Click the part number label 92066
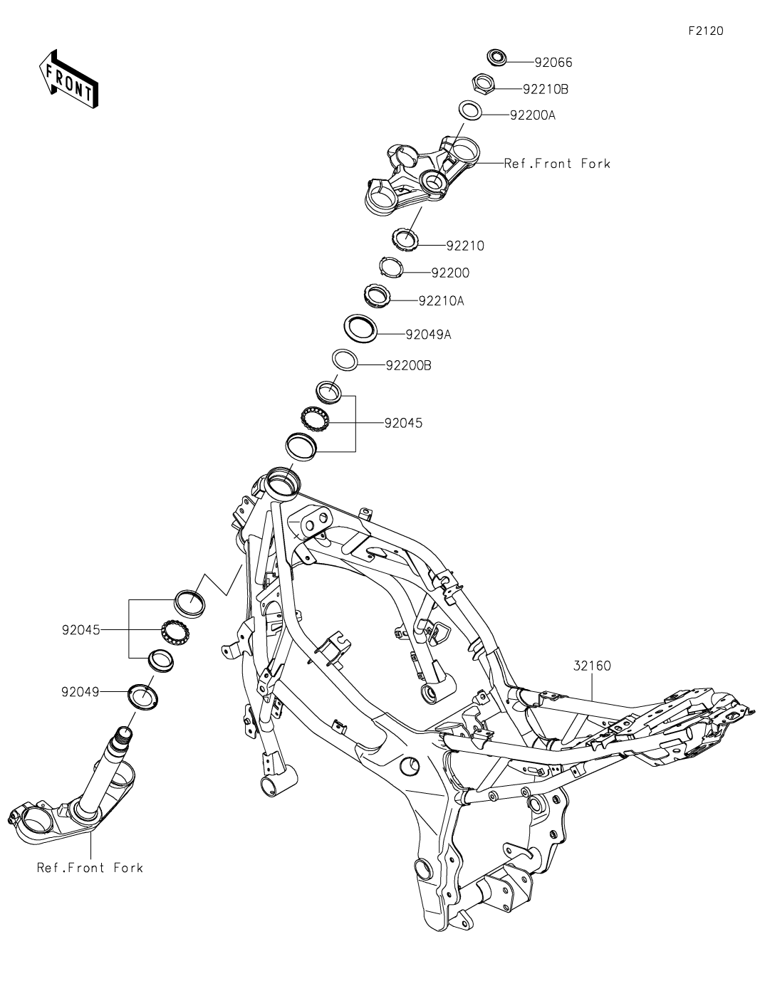point(553,63)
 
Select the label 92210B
point(546,90)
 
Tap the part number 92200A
point(532,115)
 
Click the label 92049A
point(428,334)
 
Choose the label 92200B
point(408,366)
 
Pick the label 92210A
point(441,301)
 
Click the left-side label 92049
point(80,691)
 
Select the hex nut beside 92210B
point(484,85)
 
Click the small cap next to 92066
point(496,56)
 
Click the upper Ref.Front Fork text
point(557,164)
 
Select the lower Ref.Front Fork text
point(90,868)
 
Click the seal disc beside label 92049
point(142,694)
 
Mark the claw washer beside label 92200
point(391,268)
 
